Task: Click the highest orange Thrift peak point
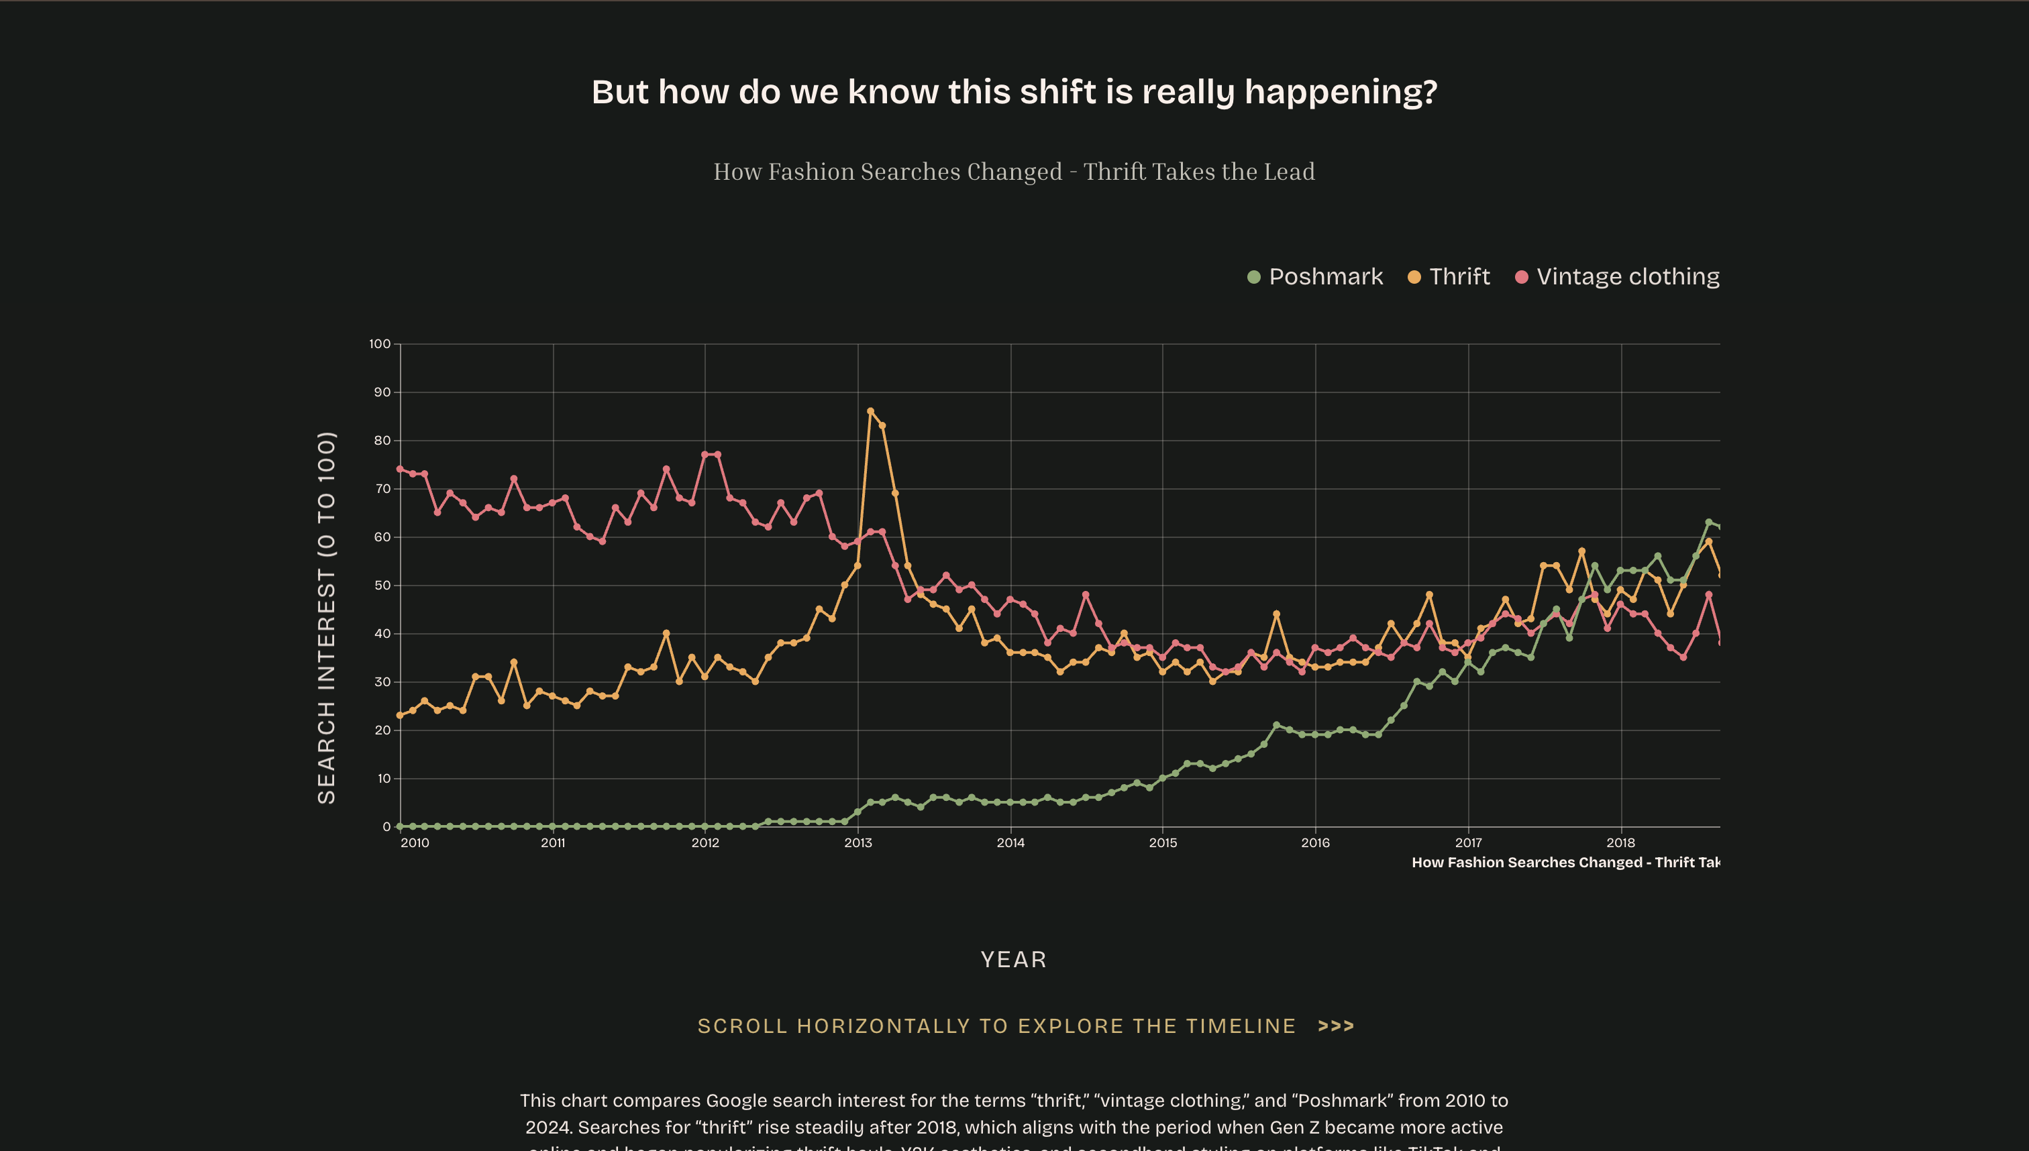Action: click(870, 411)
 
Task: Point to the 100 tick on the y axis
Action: click(380, 344)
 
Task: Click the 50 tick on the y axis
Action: click(382, 585)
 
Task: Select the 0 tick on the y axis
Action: click(386, 827)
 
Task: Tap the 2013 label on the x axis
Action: click(858, 842)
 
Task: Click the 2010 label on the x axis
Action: click(415, 842)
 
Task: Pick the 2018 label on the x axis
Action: click(1621, 842)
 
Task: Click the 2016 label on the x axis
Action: click(1315, 842)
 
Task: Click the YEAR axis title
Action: click(1014, 960)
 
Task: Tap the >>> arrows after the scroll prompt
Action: click(1335, 1026)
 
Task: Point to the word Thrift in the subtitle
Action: click(1113, 172)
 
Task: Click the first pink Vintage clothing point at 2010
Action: click(400, 469)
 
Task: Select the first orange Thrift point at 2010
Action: click(400, 716)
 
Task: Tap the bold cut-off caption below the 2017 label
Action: click(1565, 863)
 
